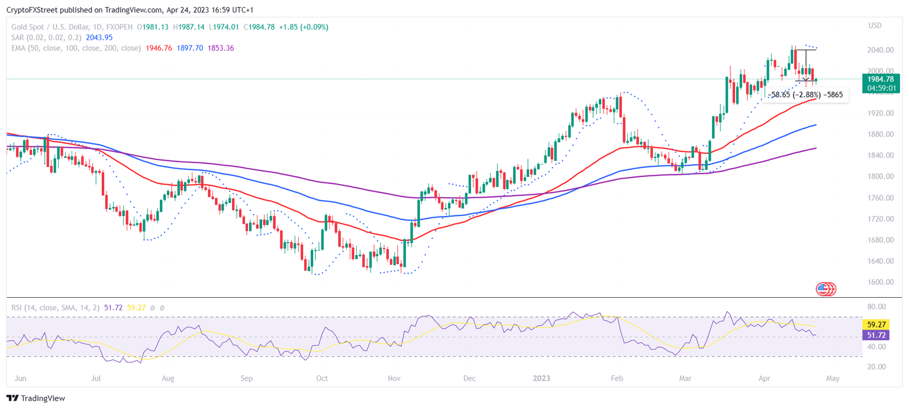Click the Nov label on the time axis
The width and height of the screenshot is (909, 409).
pos(394,378)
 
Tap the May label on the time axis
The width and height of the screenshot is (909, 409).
pos(832,378)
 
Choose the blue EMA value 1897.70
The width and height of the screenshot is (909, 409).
pos(190,48)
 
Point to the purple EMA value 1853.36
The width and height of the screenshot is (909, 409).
pos(221,48)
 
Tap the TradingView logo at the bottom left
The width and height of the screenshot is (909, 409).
pos(36,398)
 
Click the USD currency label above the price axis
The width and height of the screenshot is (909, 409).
pos(875,25)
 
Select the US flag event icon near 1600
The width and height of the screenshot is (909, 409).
pos(823,289)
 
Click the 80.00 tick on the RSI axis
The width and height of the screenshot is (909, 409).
pos(875,307)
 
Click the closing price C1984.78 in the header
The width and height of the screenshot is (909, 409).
pos(255,27)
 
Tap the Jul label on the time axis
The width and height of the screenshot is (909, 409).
pos(96,378)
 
